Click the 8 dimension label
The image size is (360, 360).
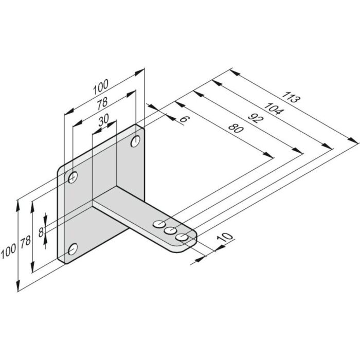[x=41, y=224]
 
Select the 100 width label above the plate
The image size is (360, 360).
[x=101, y=88]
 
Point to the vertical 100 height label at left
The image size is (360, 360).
[x=7, y=252]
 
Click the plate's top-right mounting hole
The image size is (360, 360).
[x=136, y=140]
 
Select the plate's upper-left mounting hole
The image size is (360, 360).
[x=73, y=177]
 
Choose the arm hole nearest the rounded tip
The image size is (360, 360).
[x=182, y=237]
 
